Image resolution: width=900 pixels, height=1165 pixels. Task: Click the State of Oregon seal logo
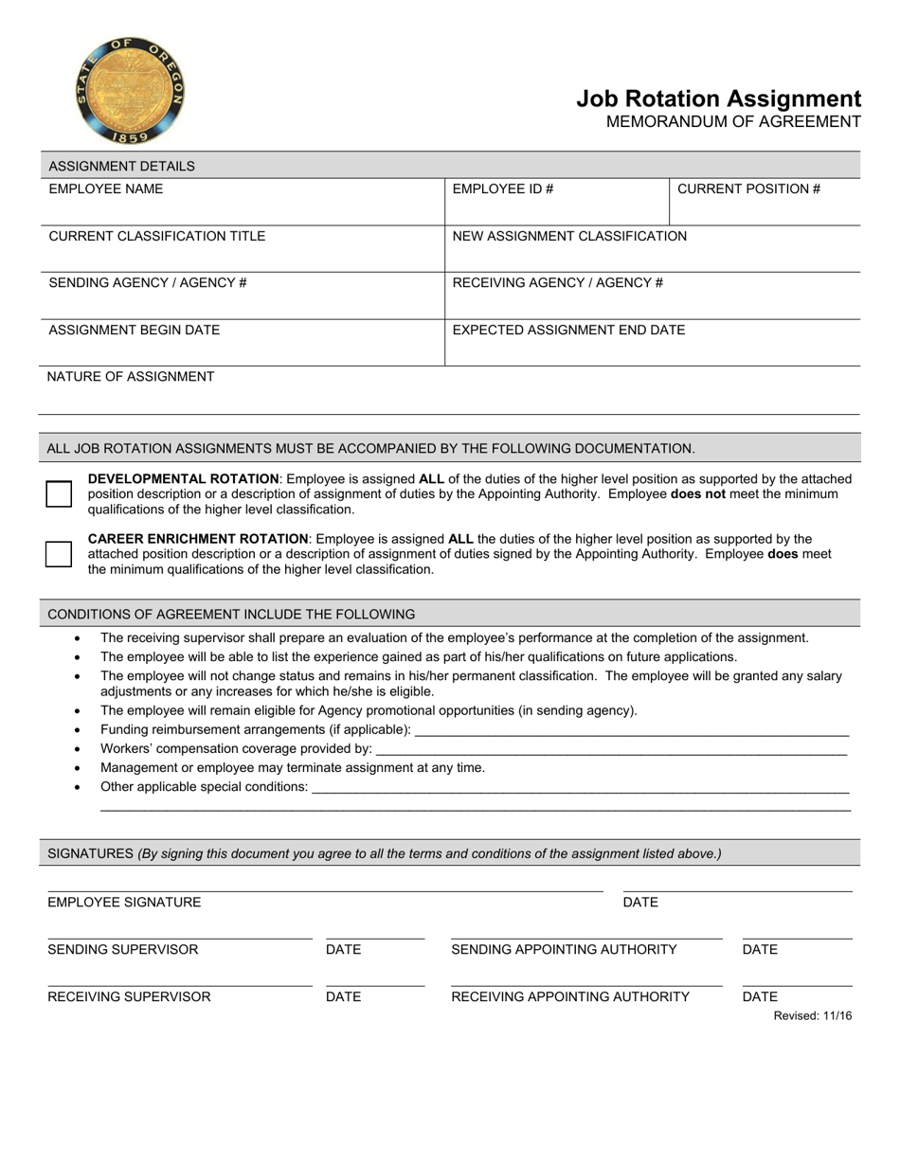[129, 91]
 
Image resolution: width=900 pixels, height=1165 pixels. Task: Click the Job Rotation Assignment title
[718, 99]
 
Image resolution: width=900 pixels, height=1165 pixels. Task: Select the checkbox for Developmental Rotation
[59, 493]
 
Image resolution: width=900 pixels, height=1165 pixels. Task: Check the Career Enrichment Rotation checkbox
[59, 554]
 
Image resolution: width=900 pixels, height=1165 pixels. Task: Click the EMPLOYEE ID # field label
[502, 188]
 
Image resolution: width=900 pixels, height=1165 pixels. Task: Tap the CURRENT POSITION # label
[748, 188]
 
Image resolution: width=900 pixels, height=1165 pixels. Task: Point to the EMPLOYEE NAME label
[105, 188]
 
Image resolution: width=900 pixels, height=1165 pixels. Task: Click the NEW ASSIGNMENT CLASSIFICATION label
[569, 236]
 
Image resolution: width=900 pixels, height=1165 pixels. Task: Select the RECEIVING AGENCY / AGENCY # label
[557, 282]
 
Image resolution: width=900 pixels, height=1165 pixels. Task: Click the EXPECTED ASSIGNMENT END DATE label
[568, 330]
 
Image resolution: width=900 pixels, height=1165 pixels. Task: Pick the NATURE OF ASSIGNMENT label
[131, 376]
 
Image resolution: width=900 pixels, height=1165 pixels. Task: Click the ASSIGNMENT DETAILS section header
[121, 166]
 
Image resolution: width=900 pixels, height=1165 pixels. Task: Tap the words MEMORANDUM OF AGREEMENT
[733, 121]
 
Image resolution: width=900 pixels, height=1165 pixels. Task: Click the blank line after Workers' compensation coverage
[611, 749]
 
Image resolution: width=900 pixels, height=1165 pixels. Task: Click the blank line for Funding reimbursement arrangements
[632, 730]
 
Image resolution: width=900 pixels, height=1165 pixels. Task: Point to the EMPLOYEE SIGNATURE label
[124, 902]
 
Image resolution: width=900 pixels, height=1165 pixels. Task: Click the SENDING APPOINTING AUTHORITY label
[564, 949]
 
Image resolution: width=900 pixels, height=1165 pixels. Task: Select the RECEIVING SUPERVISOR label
[129, 996]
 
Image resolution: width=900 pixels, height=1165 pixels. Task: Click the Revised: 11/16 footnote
[812, 1016]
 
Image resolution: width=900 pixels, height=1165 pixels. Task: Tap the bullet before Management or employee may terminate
[77, 768]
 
